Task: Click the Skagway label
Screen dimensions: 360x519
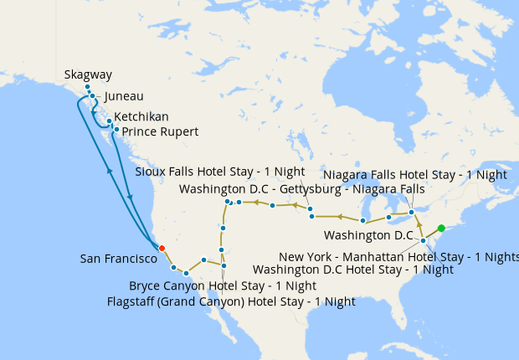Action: (x=88, y=75)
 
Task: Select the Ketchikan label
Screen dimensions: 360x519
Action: (x=141, y=116)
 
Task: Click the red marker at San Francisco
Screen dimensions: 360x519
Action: (x=162, y=248)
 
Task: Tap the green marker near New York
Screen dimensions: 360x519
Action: (x=441, y=229)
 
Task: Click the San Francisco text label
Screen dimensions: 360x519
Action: (x=118, y=259)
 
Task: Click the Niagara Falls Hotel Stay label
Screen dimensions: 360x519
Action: (x=414, y=175)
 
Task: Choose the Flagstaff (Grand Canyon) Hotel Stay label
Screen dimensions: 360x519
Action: (x=232, y=301)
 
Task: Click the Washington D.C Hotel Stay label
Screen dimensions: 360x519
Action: (x=352, y=270)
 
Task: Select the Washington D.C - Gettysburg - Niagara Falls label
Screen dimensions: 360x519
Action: (x=301, y=189)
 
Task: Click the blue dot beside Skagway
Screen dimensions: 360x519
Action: (x=86, y=88)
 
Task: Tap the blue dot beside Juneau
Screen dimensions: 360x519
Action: (x=92, y=96)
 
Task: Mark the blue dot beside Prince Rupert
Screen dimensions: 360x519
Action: (x=116, y=130)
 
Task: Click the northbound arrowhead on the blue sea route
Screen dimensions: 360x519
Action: (x=110, y=169)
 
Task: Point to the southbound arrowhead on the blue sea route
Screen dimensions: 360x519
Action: (x=131, y=198)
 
